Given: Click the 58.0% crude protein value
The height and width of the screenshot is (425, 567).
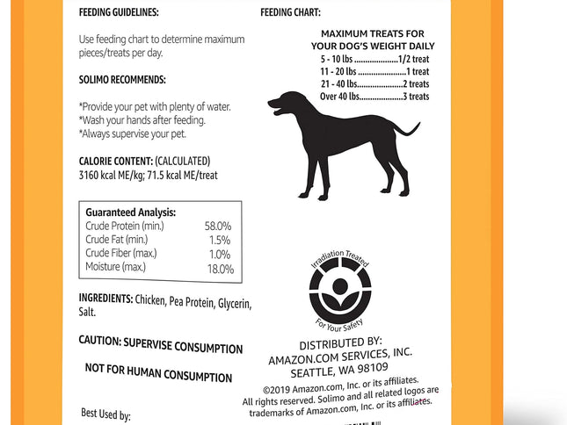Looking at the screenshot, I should point(218,226).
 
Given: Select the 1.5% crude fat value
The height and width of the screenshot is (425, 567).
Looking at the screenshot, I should point(221,240).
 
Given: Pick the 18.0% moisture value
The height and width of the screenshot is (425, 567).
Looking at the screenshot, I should point(219,268).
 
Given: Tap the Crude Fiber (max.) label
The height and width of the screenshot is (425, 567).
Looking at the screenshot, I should point(121,253).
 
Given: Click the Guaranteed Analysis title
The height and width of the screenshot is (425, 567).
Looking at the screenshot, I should point(130,212).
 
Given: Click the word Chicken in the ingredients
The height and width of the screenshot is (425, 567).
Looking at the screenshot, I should point(153,299).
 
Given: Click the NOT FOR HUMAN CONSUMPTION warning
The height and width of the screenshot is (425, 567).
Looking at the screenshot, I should point(158,372).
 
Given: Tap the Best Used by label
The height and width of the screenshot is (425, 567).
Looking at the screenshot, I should point(105,414).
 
